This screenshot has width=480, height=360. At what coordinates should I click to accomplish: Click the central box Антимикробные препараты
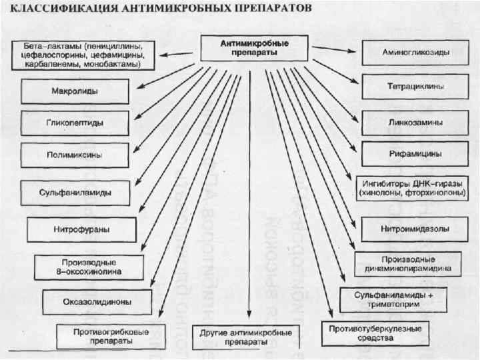pyautogui.click(x=255, y=47)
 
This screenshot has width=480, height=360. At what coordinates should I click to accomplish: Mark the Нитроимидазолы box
pyautogui.click(x=415, y=229)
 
